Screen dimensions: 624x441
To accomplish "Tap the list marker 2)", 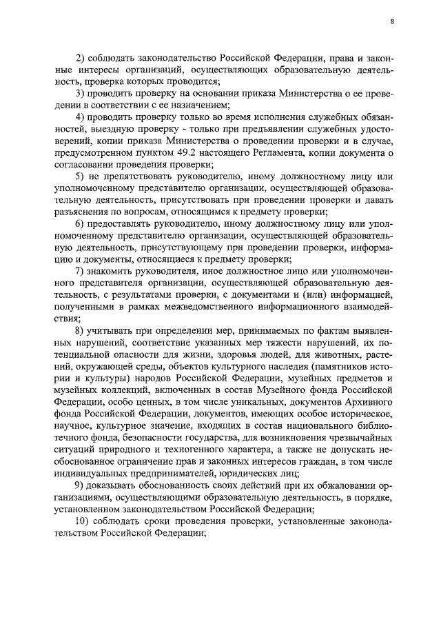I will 80,56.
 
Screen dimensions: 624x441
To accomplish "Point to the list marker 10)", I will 83,522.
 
